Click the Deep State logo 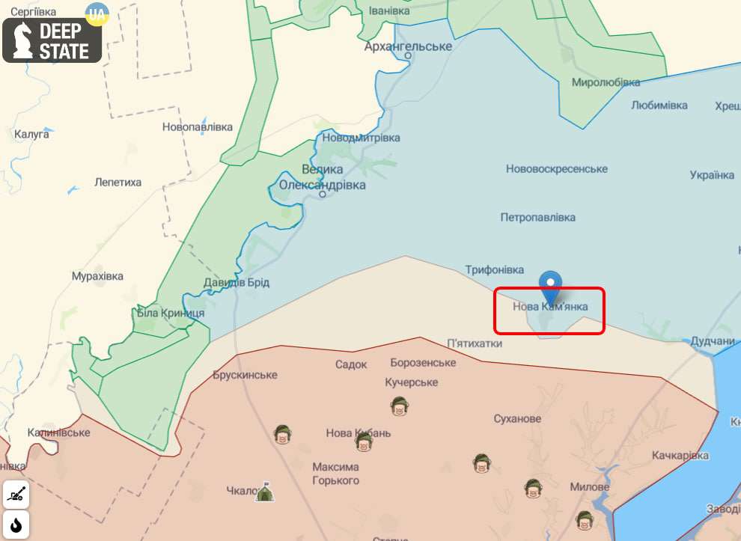(52, 40)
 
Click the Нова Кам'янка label (550, 306)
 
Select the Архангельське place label (408, 46)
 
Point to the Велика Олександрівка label (323, 177)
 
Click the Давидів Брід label (237, 283)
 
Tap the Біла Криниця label (171, 313)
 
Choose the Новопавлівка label (198, 127)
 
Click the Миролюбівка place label (606, 82)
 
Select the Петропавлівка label (538, 217)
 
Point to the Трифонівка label (495, 269)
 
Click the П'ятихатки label (475, 343)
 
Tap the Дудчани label (712, 341)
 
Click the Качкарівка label (680, 455)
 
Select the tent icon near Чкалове (263, 492)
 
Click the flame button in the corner (16, 524)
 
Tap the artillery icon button (16, 494)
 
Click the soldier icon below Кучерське (399, 406)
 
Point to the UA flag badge (97, 13)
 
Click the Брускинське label (245, 375)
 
